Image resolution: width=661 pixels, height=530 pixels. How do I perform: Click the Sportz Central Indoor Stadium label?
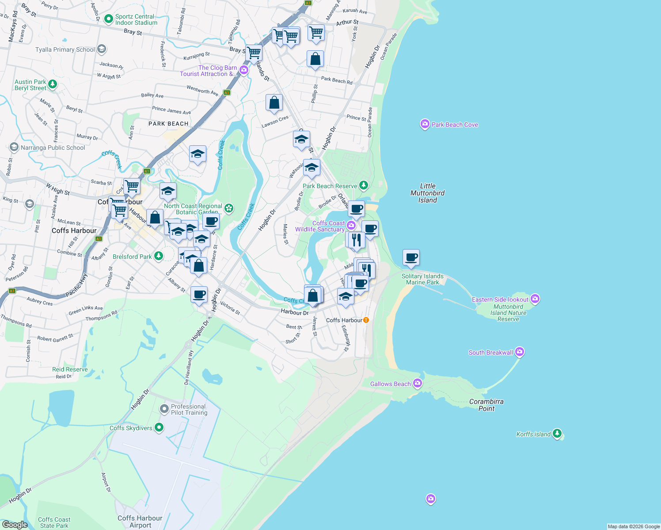(x=136, y=20)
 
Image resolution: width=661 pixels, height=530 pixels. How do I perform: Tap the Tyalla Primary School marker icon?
(x=102, y=49)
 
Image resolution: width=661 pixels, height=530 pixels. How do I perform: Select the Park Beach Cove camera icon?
(x=425, y=124)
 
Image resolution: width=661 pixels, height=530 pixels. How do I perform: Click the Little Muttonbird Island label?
(x=427, y=193)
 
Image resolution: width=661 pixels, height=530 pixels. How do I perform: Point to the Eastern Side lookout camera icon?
(x=535, y=299)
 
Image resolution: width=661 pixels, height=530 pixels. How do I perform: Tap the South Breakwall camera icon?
(x=520, y=352)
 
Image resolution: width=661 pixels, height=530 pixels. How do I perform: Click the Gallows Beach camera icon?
(x=417, y=383)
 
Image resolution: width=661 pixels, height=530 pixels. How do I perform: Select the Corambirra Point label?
(x=486, y=405)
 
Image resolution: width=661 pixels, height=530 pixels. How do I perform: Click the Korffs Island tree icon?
(x=557, y=434)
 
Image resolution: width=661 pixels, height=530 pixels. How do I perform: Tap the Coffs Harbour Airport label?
(x=140, y=522)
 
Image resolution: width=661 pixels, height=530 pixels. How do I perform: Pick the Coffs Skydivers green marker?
(x=159, y=428)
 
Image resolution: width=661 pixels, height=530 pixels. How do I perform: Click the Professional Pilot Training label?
(x=189, y=409)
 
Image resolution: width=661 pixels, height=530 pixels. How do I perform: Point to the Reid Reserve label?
(x=70, y=369)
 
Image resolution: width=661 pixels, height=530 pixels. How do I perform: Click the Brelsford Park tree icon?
(x=158, y=256)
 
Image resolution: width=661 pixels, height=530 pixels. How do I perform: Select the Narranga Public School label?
(x=53, y=148)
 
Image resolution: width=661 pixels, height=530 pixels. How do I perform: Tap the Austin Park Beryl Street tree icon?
(x=53, y=84)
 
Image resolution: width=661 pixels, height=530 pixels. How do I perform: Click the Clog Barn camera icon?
(x=243, y=70)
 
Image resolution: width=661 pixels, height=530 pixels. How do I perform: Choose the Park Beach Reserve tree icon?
(x=363, y=185)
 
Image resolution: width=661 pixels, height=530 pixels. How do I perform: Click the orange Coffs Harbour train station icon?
(x=366, y=320)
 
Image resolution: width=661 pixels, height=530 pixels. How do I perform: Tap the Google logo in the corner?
(x=15, y=524)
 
